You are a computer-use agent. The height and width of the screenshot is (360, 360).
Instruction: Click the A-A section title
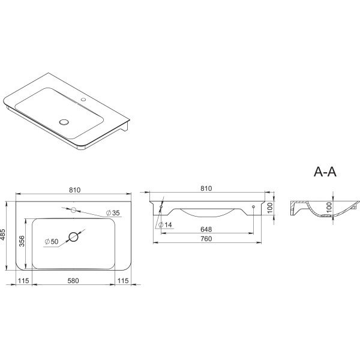pyautogui.click(x=325, y=172)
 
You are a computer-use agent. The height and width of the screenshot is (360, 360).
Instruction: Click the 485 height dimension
pyautogui.click(x=3, y=235)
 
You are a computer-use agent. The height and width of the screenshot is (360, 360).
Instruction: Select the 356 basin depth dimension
pyautogui.click(x=22, y=241)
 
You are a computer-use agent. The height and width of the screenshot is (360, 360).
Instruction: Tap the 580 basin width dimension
pyautogui.click(x=73, y=281)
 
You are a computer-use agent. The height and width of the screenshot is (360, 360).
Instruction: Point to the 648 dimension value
pyautogui.click(x=206, y=229)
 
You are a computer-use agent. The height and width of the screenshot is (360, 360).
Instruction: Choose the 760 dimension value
pyautogui.click(x=206, y=239)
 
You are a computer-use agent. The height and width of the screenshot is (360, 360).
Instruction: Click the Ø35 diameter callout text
pyautogui.click(x=113, y=213)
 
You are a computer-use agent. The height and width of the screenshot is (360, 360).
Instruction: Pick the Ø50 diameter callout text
pyautogui.click(x=52, y=242)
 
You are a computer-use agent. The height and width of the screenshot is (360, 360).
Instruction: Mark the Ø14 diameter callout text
pyautogui.click(x=166, y=225)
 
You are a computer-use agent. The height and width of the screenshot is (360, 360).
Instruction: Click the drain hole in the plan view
pyautogui.click(x=73, y=237)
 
